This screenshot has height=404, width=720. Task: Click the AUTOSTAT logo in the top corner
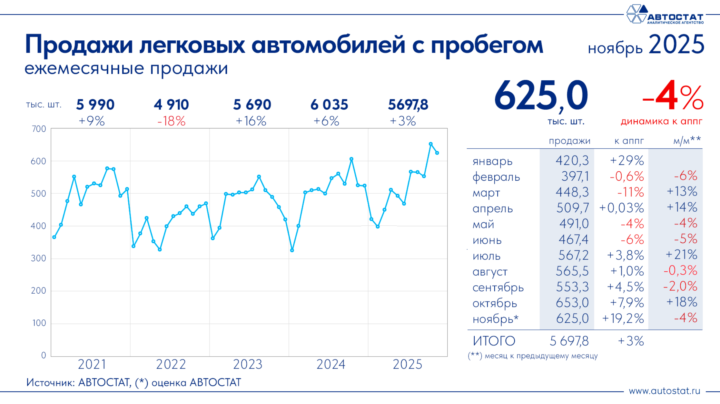tap(665, 15)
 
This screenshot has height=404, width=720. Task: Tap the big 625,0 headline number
tap(541, 96)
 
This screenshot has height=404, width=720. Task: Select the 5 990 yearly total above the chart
tap(95, 105)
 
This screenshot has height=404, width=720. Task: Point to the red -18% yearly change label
tap(171, 121)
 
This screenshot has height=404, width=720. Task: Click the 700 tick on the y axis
tap(39, 129)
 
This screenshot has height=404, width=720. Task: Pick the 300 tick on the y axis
tap(39, 258)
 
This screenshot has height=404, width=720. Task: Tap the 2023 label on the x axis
tap(248, 364)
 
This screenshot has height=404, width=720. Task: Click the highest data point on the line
tap(431, 144)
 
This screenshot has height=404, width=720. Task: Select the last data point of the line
tap(437, 153)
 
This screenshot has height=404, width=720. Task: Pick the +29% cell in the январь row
tap(627, 160)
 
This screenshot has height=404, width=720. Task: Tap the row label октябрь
tap(495, 303)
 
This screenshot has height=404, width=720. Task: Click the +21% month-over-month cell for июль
tap(681, 255)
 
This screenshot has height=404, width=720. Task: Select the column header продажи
tap(569, 141)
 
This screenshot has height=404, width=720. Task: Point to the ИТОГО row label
tap(494, 341)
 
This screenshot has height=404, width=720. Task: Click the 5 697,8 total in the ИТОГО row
tap(569, 341)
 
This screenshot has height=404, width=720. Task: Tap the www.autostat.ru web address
tap(665, 391)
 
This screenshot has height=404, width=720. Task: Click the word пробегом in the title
tap(487, 45)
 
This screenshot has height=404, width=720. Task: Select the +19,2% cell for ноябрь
tap(623, 319)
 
